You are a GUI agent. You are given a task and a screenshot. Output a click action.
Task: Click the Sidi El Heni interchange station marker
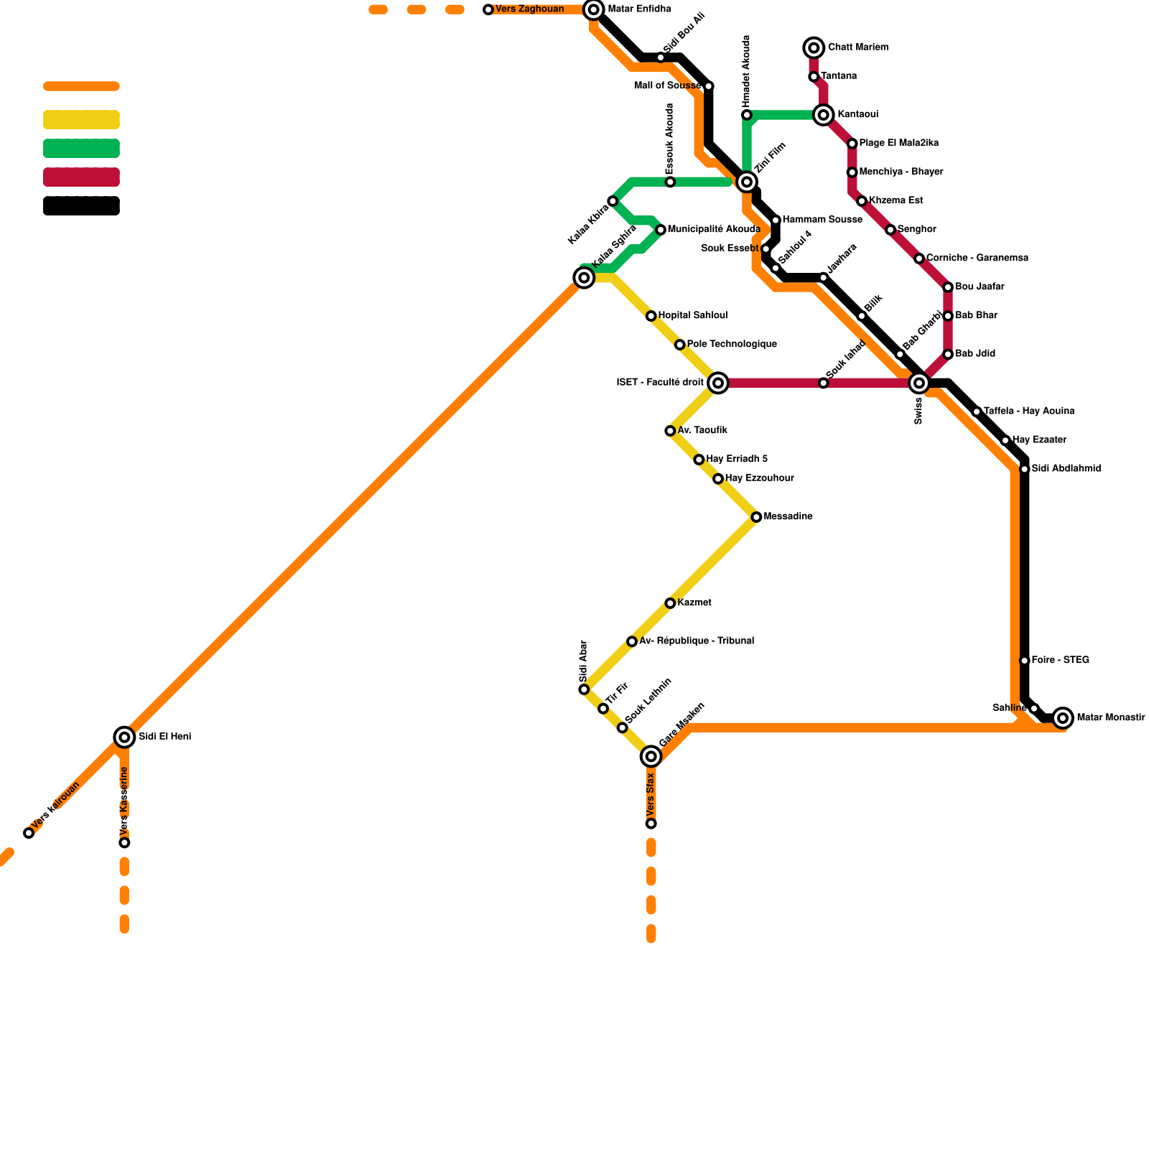(x=124, y=737)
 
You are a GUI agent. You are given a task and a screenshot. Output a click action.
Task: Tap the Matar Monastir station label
(x=1110, y=717)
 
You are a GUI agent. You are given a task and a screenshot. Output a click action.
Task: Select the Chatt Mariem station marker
(x=814, y=48)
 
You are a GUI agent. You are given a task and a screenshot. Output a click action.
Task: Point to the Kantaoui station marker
(x=824, y=115)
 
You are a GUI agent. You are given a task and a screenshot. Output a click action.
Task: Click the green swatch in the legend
(x=81, y=149)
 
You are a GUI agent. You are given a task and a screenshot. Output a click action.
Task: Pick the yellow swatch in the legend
(x=81, y=120)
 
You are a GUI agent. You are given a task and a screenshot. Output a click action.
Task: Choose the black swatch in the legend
(x=81, y=206)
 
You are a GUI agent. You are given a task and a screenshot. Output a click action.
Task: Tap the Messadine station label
(x=788, y=517)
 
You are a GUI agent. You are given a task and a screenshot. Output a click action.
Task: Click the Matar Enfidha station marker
(x=593, y=9)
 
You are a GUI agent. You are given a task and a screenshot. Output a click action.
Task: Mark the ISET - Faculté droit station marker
(x=718, y=383)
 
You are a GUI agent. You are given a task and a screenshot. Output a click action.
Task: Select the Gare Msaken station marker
(x=651, y=756)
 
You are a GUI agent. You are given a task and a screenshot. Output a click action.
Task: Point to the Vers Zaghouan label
(x=529, y=9)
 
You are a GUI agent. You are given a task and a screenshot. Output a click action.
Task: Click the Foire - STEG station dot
(x=1025, y=661)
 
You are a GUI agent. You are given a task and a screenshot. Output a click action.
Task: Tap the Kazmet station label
(x=694, y=603)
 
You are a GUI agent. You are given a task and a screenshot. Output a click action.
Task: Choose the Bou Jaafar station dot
(x=948, y=287)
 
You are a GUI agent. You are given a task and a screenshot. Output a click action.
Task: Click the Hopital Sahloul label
(x=692, y=316)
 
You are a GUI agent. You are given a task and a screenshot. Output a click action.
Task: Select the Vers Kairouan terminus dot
(x=29, y=833)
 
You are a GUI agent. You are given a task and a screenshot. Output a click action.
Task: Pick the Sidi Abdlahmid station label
(x=1066, y=469)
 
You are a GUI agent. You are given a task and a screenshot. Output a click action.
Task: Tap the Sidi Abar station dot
(x=584, y=689)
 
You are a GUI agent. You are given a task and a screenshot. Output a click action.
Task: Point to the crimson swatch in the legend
(x=81, y=177)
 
